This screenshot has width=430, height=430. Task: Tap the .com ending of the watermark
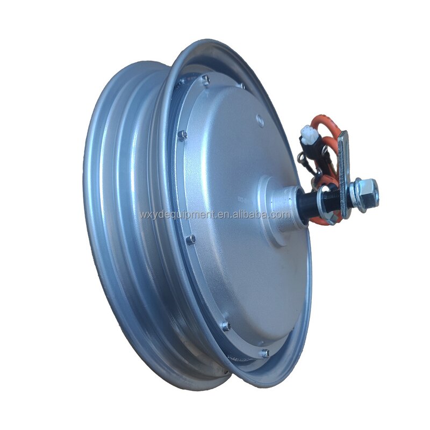click(280, 214)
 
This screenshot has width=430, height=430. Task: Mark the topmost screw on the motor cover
click(205, 80)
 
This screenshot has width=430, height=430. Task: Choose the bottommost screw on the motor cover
click(264, 353)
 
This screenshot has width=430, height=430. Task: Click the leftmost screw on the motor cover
click(182, 134)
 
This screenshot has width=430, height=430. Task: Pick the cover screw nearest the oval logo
click(242, 85)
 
